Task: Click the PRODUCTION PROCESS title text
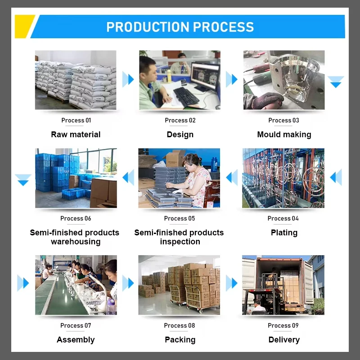(180, 27)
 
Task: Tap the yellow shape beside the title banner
(23, 26)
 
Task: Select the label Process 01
(76, 120)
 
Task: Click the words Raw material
(76, 135)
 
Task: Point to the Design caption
(180, 135)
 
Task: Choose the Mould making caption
(284, 135)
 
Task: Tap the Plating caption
(284, 233)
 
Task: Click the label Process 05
(180, 218)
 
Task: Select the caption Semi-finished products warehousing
(75, 237)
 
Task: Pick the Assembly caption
(76, 340)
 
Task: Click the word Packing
(180, 340)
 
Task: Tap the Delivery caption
(284, 340)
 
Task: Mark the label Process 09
(283, 325)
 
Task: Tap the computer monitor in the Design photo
(205, 75)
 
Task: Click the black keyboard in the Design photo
(185, 96)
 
